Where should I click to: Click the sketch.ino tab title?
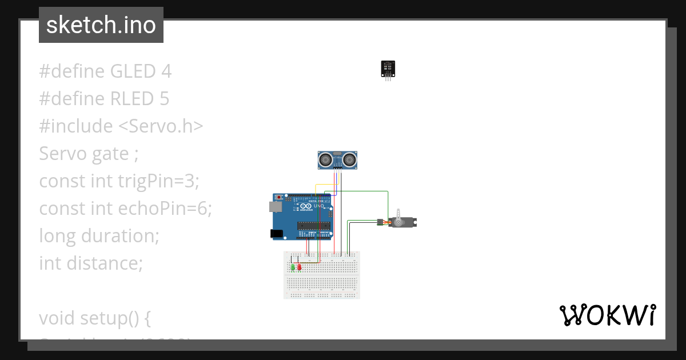click(x=101, y=25)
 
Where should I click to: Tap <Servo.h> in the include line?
click(x=161, y=126)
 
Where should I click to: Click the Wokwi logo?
click(x=607, y=315)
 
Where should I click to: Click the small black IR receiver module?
click(x=388, y=69)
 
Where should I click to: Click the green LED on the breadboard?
click(x=293, y=267)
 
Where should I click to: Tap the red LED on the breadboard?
click(x=300, y=266)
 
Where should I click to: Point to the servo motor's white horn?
click(x=398, y=222)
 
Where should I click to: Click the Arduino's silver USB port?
click(x=277, y=205)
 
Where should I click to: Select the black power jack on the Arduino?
click(x=277, y=234)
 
